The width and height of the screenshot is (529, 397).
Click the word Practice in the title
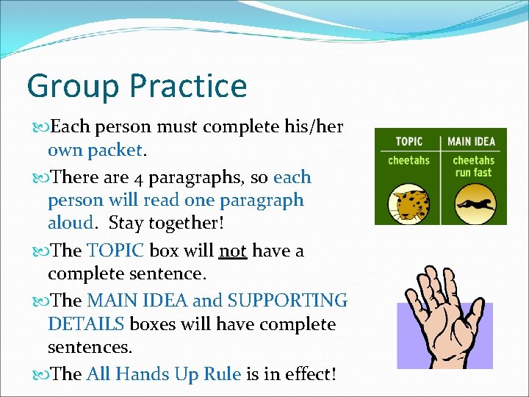(189, 86)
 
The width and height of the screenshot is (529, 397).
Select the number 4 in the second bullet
(140, 178)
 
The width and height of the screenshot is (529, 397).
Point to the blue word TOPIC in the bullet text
(115, 251)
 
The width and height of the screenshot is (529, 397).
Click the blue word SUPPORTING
(287, 301)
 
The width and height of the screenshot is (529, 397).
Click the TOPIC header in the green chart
(409, 141)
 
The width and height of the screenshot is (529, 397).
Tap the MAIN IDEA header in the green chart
(472, 141)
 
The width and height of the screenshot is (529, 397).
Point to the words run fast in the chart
(473, 173)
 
